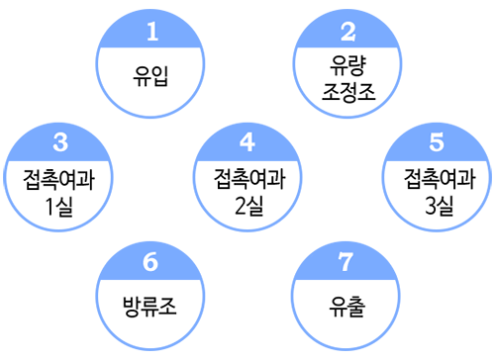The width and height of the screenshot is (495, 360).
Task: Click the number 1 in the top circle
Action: (x=152, y=32)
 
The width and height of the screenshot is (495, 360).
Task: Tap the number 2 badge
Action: (x=348, y=32)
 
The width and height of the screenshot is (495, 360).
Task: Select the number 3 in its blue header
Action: (x=60, y=142)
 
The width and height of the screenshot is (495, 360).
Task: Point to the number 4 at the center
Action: (x=247, y=142)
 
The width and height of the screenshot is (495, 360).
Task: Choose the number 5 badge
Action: (x=437, y=142)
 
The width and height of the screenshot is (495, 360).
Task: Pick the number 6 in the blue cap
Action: (x=150, y=262)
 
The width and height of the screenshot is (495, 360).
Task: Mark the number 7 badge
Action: (x=346, y=262)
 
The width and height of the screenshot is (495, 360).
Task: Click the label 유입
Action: (x=150, y=76)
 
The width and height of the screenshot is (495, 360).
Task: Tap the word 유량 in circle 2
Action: (x=347, y=65)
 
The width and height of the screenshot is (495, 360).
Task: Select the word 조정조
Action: (x=348, y=91)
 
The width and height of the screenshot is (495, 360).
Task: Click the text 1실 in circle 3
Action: (x=59, y=207)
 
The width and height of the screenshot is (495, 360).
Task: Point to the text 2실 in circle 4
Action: (x=249, y=206)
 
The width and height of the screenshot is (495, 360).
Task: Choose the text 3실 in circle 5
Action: (x=439, y=206)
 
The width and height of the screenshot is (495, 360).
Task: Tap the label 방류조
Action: (x=149, y=307)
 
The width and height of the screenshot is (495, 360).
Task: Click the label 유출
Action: (x=346, y=307)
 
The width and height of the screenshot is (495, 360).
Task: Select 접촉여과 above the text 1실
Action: (x=58, y=180)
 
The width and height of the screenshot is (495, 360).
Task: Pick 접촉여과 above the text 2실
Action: (x=249, y=179)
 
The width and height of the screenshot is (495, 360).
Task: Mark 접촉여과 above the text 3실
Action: (x=440, y=179)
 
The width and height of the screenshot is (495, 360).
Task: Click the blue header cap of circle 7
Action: (x=346, y=262)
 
